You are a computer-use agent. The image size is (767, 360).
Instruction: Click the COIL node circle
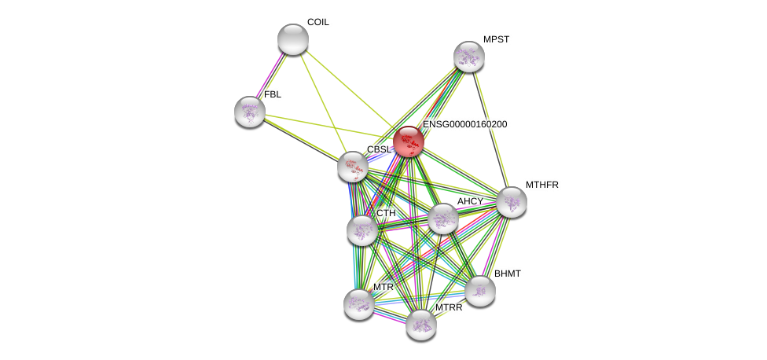coord(292,39)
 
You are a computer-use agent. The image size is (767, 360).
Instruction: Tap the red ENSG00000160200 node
coord(408,141)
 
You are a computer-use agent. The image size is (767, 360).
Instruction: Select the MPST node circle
coord(468,57)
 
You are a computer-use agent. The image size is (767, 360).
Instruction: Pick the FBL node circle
coord(249,112)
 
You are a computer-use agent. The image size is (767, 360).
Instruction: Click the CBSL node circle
coord(353,167)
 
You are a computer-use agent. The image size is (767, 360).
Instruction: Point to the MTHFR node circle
coord(511,202)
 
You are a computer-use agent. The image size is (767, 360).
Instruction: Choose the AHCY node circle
coord(442,219)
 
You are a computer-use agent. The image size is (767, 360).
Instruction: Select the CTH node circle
coord(361,230)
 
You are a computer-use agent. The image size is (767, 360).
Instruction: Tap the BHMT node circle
coord(479,291)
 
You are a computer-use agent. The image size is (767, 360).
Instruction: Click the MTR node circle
coord(358,304)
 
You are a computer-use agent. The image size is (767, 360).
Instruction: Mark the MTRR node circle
coord(420,324)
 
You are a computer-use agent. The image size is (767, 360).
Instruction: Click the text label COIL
coord(317,22)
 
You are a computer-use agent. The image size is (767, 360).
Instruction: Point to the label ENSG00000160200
coord(464,124)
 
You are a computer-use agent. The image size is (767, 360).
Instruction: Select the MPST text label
coord(496,39)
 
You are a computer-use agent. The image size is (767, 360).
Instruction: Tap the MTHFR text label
coord(541,185)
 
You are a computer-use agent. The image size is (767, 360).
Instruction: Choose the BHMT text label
coord(507,274)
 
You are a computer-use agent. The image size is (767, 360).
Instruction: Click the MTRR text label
coord(449,307)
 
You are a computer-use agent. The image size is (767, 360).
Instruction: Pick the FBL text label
coord(272,94)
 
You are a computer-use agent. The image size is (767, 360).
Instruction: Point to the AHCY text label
coord(470,201)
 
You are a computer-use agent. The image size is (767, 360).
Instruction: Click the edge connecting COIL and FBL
coord(271,75)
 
